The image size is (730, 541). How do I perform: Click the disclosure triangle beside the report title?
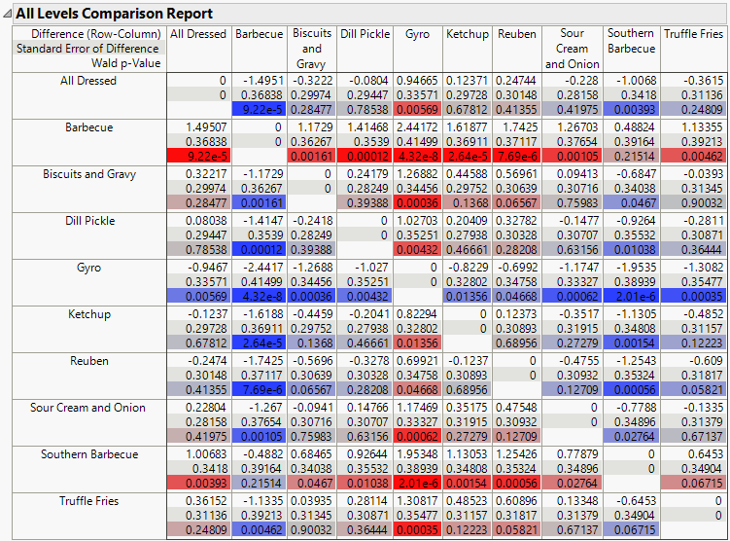tap(8, 14)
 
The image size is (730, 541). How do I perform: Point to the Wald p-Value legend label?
tap(130, 63)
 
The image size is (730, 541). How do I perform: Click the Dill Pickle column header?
tap(365, 34)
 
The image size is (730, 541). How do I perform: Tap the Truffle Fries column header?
tap(694, 34)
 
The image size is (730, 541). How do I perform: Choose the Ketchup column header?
tap(467, 34)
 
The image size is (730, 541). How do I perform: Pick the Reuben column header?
tap(516, 34)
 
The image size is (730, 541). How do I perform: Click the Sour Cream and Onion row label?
tap(87, 408)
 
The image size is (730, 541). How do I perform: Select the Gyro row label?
tap(87, 268)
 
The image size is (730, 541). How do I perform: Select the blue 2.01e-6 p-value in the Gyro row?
tap(632, 296)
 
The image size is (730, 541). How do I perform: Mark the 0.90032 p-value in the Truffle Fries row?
tap(313, 529)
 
